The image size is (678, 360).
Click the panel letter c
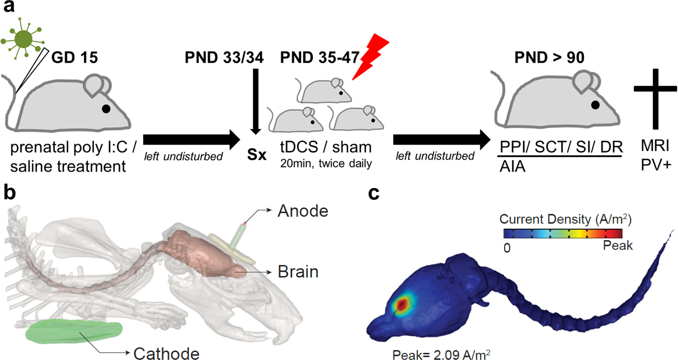(374, 193)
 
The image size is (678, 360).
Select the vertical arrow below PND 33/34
(256, 100)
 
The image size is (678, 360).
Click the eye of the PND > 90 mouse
(595, 105)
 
